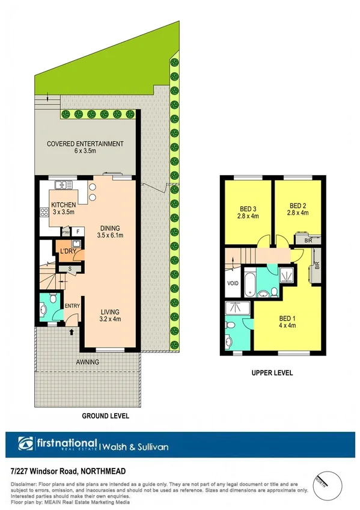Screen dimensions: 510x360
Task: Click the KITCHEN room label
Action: click(x=63, y=204)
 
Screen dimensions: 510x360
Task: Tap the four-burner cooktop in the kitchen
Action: click(x=44, y=212)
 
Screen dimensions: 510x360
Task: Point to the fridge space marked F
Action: click(x=78, y=231)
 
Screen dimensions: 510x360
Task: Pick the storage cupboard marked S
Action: click(x=70, y=269)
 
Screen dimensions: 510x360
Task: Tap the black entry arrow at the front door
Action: click(x=73, y=330)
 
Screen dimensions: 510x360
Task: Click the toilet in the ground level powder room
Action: click(x=54, y=299)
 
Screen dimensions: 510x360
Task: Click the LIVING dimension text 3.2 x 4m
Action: click(x=110, y=319)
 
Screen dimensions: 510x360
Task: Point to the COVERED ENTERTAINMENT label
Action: click(x=86, y=144)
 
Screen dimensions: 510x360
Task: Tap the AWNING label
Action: click(x=87, y=362)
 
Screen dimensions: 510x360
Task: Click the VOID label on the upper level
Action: click(x=232, y=283)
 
